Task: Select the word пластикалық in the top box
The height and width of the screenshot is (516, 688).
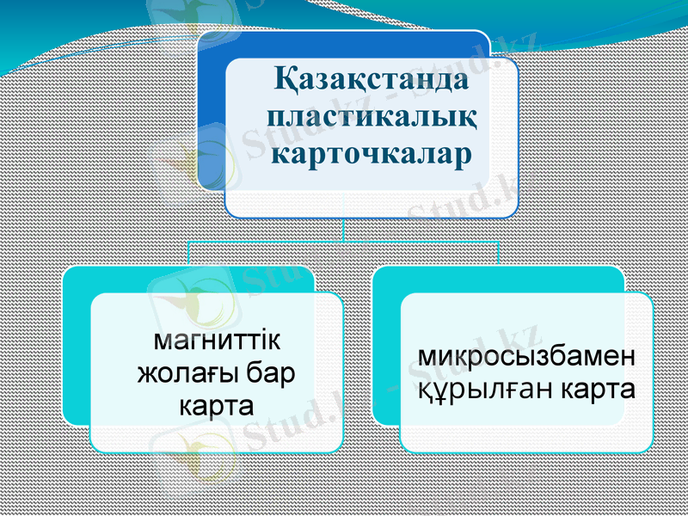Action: click(x=372, y=118)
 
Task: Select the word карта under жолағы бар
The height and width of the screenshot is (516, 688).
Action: click(x=216, y=404)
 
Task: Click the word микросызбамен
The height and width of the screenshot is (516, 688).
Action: click(x=526, y=357)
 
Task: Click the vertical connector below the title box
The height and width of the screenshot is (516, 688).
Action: click(x=344, y=229)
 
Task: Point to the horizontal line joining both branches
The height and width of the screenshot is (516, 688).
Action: click(x=344, y=242)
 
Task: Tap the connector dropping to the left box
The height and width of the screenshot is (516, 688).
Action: click(x=189, y=253)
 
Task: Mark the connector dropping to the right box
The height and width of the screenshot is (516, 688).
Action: click(x=499, y=253)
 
